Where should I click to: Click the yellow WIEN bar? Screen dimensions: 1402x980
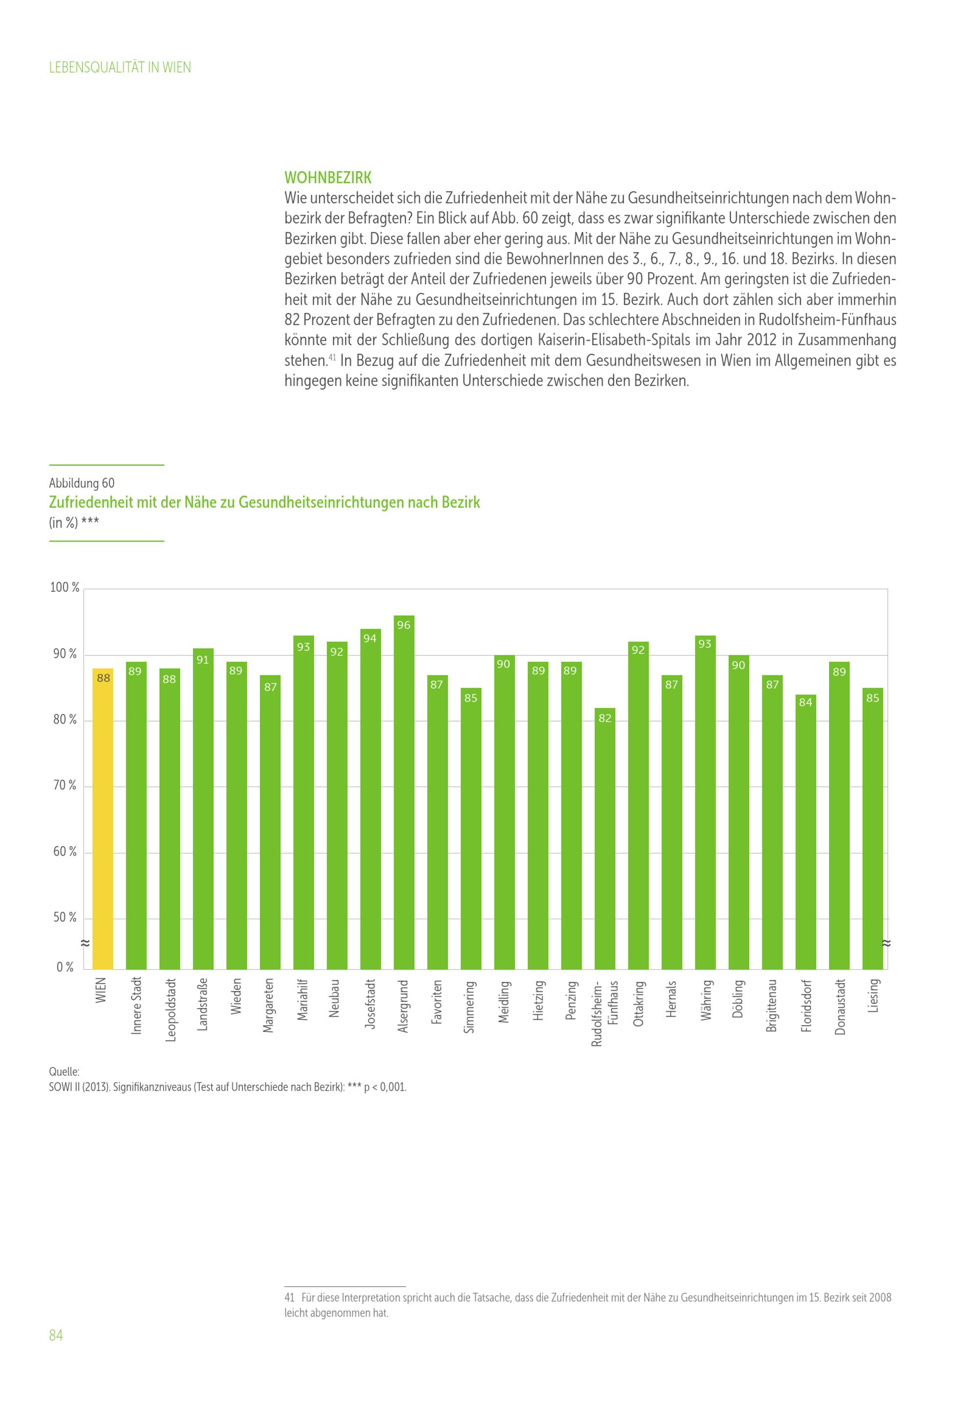click(102, 818)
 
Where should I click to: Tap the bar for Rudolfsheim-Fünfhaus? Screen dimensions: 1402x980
click(605, 843)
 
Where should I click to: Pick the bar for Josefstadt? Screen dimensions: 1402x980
click(370, 800)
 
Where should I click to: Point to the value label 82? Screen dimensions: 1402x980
click(605, 718)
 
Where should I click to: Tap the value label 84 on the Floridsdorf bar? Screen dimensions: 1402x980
click(806, 702)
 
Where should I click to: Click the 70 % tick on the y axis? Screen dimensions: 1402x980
click(65, 786)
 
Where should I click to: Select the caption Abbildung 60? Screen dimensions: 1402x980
click(82, 483)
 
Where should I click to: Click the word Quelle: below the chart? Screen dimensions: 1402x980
click(64, 1072)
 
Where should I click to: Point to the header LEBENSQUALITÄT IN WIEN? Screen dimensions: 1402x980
click(120, 68)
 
